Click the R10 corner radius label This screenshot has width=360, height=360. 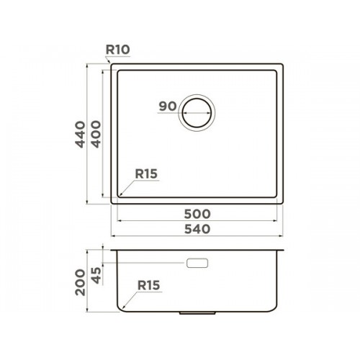(117, 50)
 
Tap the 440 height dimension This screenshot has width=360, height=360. (80, 134)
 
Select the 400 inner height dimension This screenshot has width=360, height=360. (96, 134)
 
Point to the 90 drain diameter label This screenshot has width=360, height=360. (168, 106)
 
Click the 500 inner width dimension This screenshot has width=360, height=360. (197, 214)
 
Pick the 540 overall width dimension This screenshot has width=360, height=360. (197, 229)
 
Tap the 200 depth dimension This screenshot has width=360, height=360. (80, 282)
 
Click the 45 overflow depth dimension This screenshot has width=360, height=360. (96, 276)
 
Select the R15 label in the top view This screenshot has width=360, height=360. (146, 174)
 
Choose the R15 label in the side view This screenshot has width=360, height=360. (148, 285)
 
